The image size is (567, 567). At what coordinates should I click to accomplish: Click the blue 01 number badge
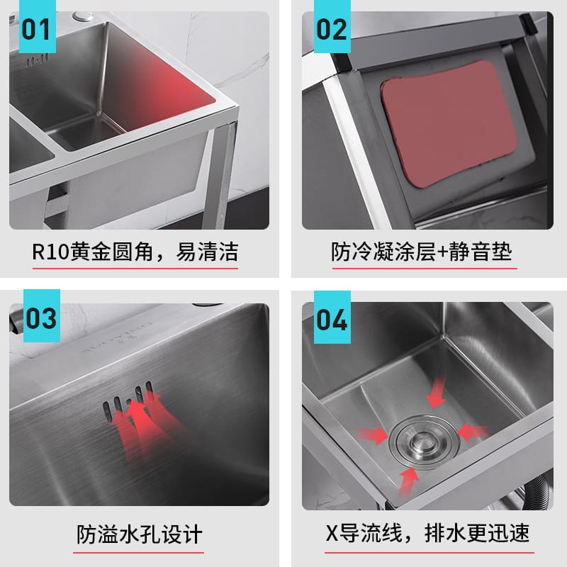pos(38,26)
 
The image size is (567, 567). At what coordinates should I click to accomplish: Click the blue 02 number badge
pos(332,26)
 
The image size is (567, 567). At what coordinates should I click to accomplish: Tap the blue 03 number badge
pos(42,315)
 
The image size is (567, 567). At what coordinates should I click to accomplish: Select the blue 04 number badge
pos(332,317)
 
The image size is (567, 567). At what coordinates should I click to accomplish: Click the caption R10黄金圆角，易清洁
pos(135,252)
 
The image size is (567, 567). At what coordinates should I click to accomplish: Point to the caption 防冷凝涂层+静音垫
pos(422,252)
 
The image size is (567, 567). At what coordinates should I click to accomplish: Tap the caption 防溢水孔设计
pos(139,534)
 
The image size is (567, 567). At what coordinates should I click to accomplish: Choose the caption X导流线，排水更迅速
pos(428,533)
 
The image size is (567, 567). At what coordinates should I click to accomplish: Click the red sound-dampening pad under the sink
pos(453,124)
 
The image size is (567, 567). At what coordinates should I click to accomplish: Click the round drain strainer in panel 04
pos(424,442)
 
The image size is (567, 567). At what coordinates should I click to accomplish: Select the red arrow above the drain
pos(436,393)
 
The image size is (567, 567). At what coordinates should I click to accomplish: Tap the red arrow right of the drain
pos(473,432)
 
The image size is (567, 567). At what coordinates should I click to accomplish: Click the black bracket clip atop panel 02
pos(527,24)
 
